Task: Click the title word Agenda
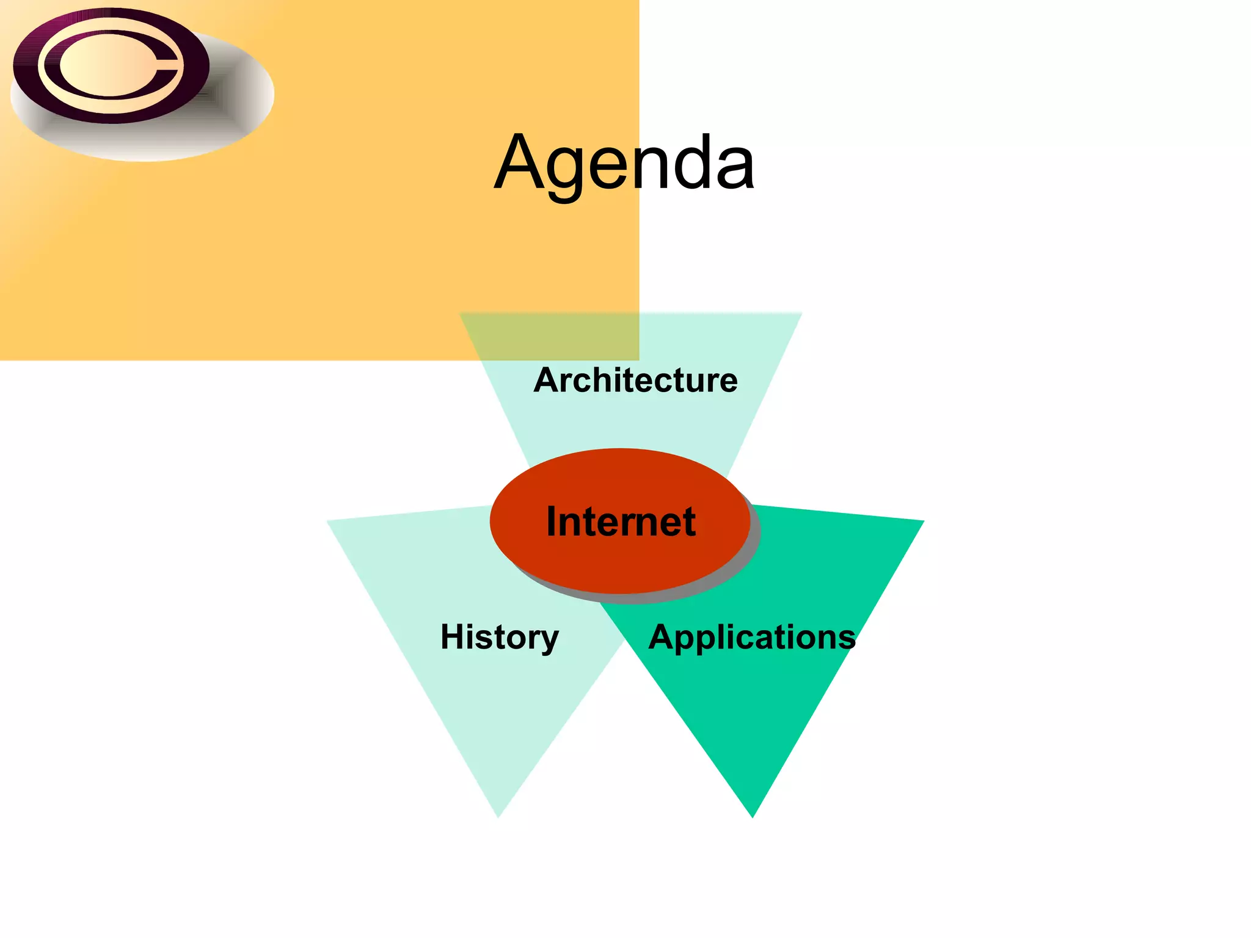click(x=624, y=162)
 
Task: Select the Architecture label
click(x=635, y=380)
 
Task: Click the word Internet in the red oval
click(x=621, y=522)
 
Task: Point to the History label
click(x=500, y=637)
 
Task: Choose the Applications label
click(x=752, y=637)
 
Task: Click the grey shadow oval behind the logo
click(x=244, y=104)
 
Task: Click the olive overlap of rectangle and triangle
click(x=550, y=336)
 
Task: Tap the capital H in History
click(x=452, y=636)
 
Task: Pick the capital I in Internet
click(x=552, y=522)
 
